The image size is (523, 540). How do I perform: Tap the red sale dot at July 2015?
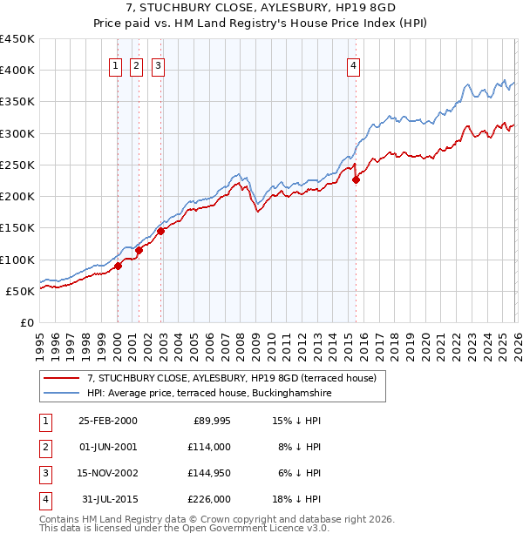tap(356, 180)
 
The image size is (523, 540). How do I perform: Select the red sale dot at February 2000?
tap(118, 267)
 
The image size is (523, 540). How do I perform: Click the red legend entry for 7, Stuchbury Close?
tap(231, 378)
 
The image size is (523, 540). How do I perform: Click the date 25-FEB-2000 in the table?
tap(107, 421)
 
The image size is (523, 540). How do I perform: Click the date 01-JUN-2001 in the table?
tap(107, 447)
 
